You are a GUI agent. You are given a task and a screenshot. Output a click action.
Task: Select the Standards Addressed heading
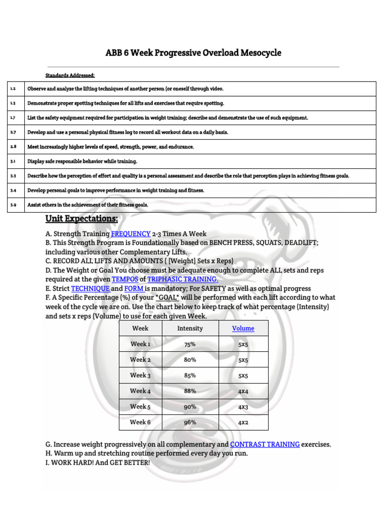[x=70, y=76]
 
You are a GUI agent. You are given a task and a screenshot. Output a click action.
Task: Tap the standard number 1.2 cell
[x=13, y=89]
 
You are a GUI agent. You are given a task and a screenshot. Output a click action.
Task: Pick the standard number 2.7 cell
[x=13, y=132]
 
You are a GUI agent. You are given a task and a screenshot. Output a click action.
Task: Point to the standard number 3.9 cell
[x=13, y=205]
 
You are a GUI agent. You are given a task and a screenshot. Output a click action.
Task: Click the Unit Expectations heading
[x=82, y=219]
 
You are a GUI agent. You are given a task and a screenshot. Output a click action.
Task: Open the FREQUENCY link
[x=131, y=234]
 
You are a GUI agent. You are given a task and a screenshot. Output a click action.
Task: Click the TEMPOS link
[x=124, y=279]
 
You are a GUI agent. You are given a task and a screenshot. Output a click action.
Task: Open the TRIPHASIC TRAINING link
[x=183, y=279]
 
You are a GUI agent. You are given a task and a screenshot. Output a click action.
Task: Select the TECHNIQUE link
[x=90, y=288]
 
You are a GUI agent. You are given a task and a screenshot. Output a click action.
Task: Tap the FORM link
[x=134, y=288]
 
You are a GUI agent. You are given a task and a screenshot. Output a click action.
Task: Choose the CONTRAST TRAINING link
[x=265, y=444]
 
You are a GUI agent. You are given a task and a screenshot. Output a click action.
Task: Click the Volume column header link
[x=243, y=328]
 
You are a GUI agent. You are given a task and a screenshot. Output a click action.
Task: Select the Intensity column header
[x=190, y=328]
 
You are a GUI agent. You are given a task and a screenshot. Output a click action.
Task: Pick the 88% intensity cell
[x=190, y=391]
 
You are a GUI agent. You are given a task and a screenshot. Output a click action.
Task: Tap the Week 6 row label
[x=140, y=422]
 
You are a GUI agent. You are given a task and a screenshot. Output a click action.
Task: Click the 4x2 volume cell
[x=243, y=422]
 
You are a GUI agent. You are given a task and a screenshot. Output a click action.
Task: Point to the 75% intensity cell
[x=190, y=344]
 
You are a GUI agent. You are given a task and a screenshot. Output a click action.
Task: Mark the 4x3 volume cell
[x=243, y=407]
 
